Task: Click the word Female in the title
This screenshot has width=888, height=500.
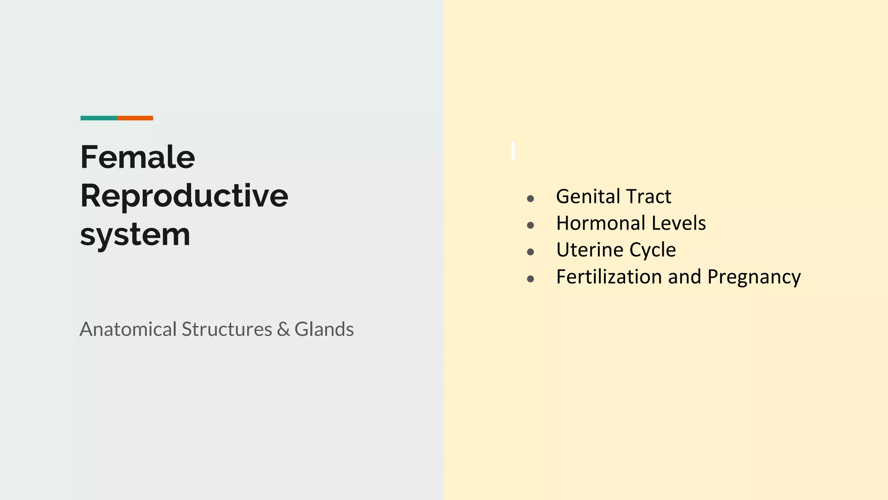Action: click(137, 157)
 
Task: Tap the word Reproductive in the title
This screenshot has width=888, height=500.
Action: click(184, 196)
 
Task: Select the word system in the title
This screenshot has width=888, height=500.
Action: click(135, 235)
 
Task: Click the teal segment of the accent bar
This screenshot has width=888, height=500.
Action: click(99, 118)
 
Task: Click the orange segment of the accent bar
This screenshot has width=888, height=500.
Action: click(135, 118)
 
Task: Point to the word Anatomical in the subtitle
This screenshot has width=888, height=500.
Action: click(128, 329)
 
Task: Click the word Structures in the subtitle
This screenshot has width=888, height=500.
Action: click(226, 329)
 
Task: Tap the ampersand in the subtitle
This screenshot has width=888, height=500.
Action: click(283, 329)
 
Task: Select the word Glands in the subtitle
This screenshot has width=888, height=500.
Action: click(324, 329)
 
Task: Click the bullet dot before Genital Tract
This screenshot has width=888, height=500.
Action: click(530, 199)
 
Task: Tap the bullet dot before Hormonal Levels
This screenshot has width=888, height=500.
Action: click(530, 225)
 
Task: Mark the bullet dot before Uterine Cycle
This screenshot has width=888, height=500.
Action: click(530, 252)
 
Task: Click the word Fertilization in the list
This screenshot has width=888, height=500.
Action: click(609, 277)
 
